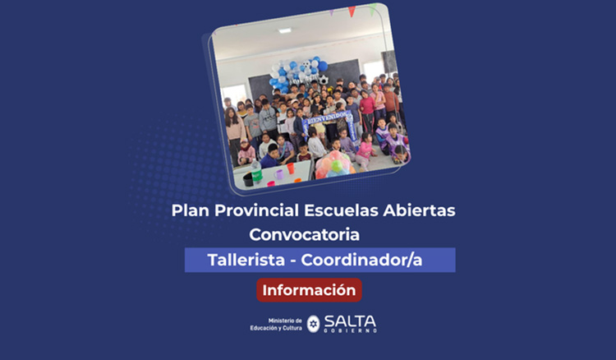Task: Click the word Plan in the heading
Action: (x=189, y=210)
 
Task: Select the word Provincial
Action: (x=256, y=210)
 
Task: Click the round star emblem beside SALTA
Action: (x=313, y=324)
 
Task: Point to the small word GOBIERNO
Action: (x=351, y=330)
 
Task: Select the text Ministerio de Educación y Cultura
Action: (x=276, y=324)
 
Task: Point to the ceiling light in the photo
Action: (x=284, y=31)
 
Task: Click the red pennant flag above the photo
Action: (x=352, y=11)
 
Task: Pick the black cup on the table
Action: (x=248, y=178)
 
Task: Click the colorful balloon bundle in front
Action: (x=337, y=164)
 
